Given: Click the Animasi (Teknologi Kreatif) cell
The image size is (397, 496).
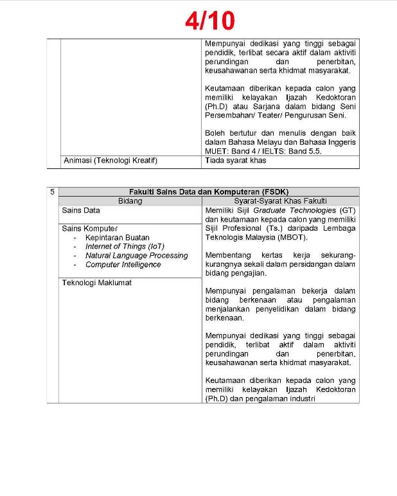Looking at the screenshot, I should click(x=110, y=161).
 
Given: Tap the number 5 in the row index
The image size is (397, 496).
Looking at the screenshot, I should click(x=53, y=191).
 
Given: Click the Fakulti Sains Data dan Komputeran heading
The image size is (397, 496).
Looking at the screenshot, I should click(x=209, y=191).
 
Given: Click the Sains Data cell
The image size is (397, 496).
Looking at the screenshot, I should click(x=81, y=210).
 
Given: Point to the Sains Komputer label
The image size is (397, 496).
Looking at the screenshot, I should click(x=89, y=228).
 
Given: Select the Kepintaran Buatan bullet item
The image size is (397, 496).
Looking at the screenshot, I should click(x=117, y=238).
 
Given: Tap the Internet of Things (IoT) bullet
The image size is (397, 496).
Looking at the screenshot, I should click(x=125, y=247).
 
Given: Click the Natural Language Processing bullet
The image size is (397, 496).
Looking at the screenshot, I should click(x=136, y=256).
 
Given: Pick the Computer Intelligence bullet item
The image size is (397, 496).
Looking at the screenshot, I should click(x=123, y=265).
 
